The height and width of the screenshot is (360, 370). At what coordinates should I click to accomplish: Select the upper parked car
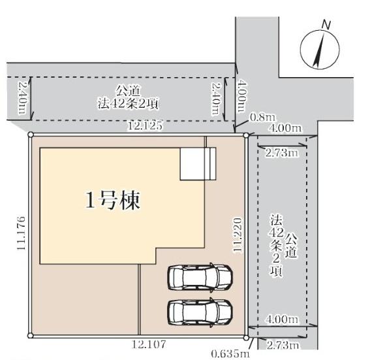200,277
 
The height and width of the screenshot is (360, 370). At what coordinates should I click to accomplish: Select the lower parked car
200,312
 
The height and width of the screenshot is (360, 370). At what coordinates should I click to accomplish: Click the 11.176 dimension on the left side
22,233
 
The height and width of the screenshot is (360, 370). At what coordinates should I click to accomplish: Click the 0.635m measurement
230,353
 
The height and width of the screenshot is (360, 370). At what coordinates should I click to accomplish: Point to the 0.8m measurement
259,118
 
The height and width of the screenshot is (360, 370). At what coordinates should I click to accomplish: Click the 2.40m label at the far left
22,97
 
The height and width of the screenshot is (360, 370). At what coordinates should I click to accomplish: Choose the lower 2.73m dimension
282,344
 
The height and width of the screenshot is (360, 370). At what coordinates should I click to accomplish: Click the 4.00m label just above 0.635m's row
282,320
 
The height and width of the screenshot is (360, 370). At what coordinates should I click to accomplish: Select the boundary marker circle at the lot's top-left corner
30,135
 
